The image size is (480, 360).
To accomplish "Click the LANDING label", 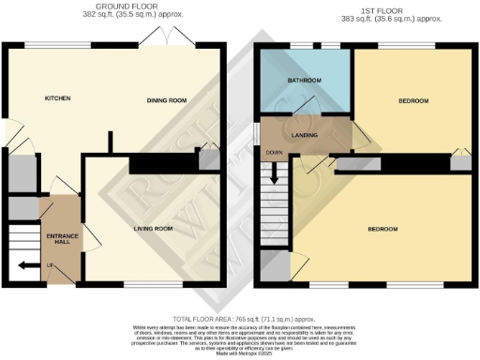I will pyautogui.click(x=305, y=136).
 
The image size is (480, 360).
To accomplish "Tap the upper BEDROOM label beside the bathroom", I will pyautogui.click(x=413, y=101).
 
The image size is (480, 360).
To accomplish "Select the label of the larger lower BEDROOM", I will pyautogui.click(x=382, y=229).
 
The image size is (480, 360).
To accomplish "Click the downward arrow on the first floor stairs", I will pyautogui.click(x=275, y=172).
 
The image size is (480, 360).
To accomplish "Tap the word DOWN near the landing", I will pyautogui.click(x=274, y=153).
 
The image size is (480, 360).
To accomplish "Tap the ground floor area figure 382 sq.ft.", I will pyautogui.click(x=106, y=16).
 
